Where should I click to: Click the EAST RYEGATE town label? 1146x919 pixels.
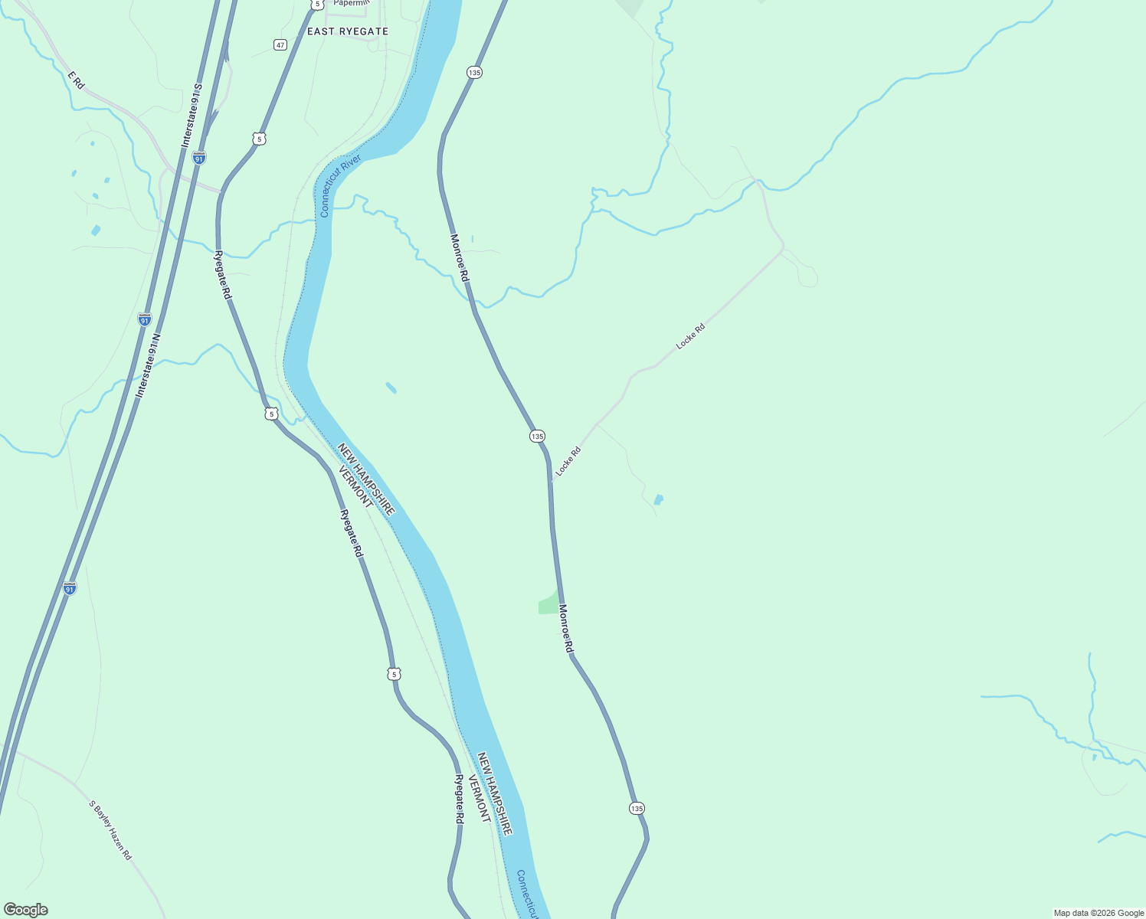(348, 31)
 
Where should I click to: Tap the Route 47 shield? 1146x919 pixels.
(280, 45)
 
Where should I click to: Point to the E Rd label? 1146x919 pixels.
(76, 80)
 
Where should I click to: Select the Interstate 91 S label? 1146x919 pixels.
(191, 116)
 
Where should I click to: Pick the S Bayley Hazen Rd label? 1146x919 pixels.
(110, 830)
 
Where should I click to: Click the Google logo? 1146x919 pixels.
(25, 910)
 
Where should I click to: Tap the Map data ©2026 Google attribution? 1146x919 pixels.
(1099, 913)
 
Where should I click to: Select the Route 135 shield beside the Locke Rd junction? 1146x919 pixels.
(537, 436)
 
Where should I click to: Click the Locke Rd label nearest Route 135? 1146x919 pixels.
(568, 462)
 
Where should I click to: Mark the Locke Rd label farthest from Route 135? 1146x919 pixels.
(690, 337)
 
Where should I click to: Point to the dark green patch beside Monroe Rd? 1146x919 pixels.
(548, 603)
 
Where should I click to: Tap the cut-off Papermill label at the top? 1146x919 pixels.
(352, 3)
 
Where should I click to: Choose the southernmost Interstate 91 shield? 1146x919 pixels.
(70, 588)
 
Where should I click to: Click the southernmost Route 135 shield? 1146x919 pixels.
(637, 808)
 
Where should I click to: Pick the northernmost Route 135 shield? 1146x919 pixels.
(474, 72)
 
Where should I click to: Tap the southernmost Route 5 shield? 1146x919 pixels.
(394, 674)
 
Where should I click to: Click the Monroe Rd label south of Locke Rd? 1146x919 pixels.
(566, 629)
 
